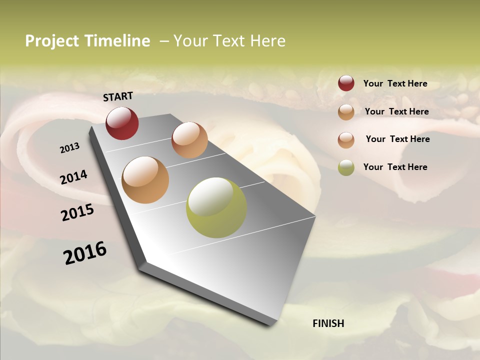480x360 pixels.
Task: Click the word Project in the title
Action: tap(51, 41)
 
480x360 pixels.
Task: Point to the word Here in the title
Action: tap(267, 41)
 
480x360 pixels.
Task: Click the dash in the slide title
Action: tap(164, 41)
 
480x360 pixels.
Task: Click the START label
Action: tap(118, 96)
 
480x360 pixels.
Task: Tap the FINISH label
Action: tap(328, 323)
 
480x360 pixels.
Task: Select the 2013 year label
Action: tap(69, 148)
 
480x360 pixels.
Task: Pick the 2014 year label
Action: tap(73, 177)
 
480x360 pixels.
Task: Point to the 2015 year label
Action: tap(77, 213)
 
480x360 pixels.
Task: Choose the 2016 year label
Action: tap(85, 253)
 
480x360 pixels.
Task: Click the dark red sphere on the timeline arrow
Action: tap(122, 123)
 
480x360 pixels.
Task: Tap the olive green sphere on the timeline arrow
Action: tap(216, 208)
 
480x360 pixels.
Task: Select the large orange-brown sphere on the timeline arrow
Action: tap(145, 180)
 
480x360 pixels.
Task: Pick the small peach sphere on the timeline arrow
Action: tap(189, 140)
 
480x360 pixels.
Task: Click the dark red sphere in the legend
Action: tap(346, 83)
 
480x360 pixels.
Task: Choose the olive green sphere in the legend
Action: tap(346, 167)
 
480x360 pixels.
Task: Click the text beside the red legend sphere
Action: tap(395, 84)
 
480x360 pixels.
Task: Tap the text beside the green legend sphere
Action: tap(395, 167)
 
